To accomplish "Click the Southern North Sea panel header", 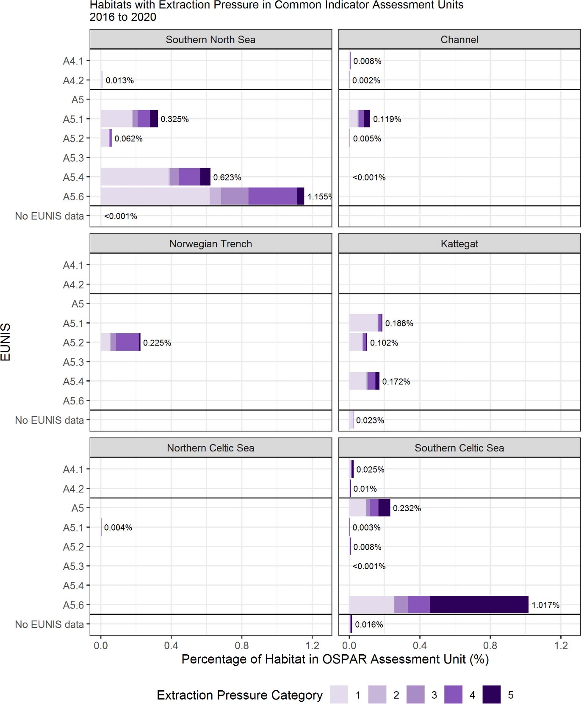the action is point(210,39).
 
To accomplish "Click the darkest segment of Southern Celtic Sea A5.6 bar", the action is point(479,604).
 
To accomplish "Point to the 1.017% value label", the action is point(545,605).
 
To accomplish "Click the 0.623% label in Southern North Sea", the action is point(227,177).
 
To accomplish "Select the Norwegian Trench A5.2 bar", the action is point(121,342).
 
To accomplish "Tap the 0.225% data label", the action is point(157,343).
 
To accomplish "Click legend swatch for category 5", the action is point(491,695).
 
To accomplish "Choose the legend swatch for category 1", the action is point(339,695).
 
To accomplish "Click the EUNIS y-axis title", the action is point(6,342).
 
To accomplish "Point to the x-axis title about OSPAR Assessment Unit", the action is point(335,659).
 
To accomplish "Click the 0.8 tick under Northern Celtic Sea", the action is point(242,645).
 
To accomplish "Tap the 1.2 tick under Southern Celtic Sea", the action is point(561,645).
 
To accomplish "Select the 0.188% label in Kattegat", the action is point(399,323).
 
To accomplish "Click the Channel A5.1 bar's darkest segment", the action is point(367,119).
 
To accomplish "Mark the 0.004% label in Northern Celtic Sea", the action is point(118,527).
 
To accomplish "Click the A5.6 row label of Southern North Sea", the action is point(74,196).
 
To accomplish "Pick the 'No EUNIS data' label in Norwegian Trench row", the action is point(50,420).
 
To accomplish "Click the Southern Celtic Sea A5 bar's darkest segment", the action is point(384,507).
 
